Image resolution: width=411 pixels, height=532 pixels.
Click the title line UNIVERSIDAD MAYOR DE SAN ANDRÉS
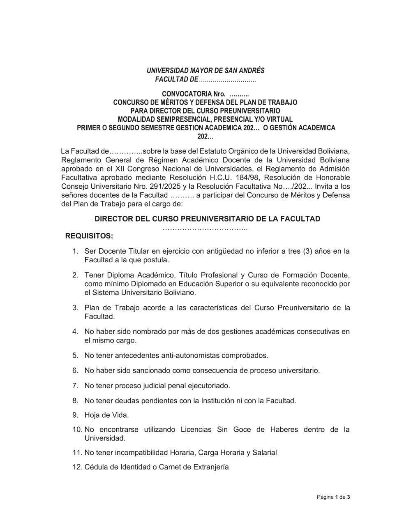tap(205, 71)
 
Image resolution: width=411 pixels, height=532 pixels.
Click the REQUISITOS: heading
tap(89, 236)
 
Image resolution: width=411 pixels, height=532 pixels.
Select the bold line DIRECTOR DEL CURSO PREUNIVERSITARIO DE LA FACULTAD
tap(207, 219)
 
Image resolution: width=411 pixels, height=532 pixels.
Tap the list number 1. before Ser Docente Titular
tap(75, 251)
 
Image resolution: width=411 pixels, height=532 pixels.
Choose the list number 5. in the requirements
tap(75, 355)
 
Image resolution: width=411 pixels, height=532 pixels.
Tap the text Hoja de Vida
tap(106, 415)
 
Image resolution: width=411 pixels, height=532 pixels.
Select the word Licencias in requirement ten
tap(196, 430)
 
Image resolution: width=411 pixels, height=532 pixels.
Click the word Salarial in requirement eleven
tap(264, 453)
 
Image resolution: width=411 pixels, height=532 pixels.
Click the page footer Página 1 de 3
tap(333, 497)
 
